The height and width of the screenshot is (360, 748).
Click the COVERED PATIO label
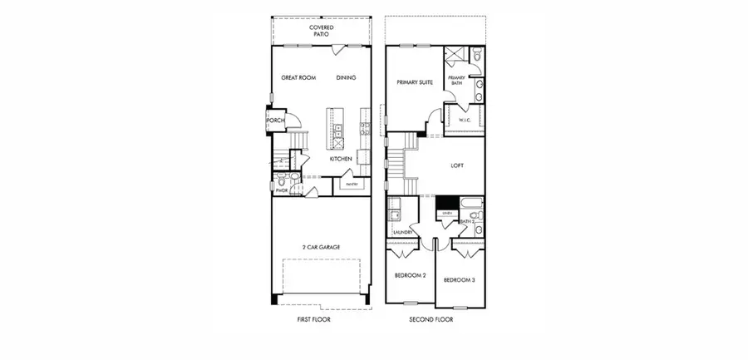[x=322, y=31]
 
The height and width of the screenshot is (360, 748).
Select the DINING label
[x=347, y=78]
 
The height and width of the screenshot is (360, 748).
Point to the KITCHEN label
[x=341, y=159]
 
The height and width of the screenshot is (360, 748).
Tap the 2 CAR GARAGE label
[x=322, y=247]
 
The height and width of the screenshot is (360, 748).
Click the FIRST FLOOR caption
[x=315, y=319]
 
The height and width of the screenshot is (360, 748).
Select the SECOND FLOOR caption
[x=427, y=319]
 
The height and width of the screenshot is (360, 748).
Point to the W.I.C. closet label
[x=465, y=121]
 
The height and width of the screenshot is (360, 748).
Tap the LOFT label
[x=457, y=165]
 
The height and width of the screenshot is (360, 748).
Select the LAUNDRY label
[x=391, y=232]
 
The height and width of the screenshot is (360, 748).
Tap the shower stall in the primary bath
[x=455, y=57]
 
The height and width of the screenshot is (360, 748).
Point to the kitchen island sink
[x=339, y=130]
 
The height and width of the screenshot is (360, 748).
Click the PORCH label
[x=276, y=121]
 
